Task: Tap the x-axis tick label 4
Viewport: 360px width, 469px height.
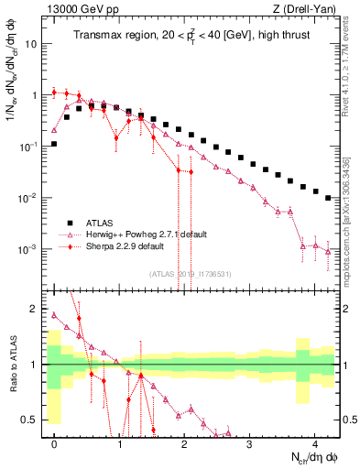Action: [x=315, y=450]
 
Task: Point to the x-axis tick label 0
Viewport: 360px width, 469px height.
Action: [x=55, y=450]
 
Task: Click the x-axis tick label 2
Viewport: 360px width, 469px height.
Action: [x=185, y=450]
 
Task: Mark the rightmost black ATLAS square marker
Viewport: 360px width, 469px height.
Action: [x=328, y=197]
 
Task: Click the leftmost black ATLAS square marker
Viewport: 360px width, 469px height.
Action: [x=55, y=144]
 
